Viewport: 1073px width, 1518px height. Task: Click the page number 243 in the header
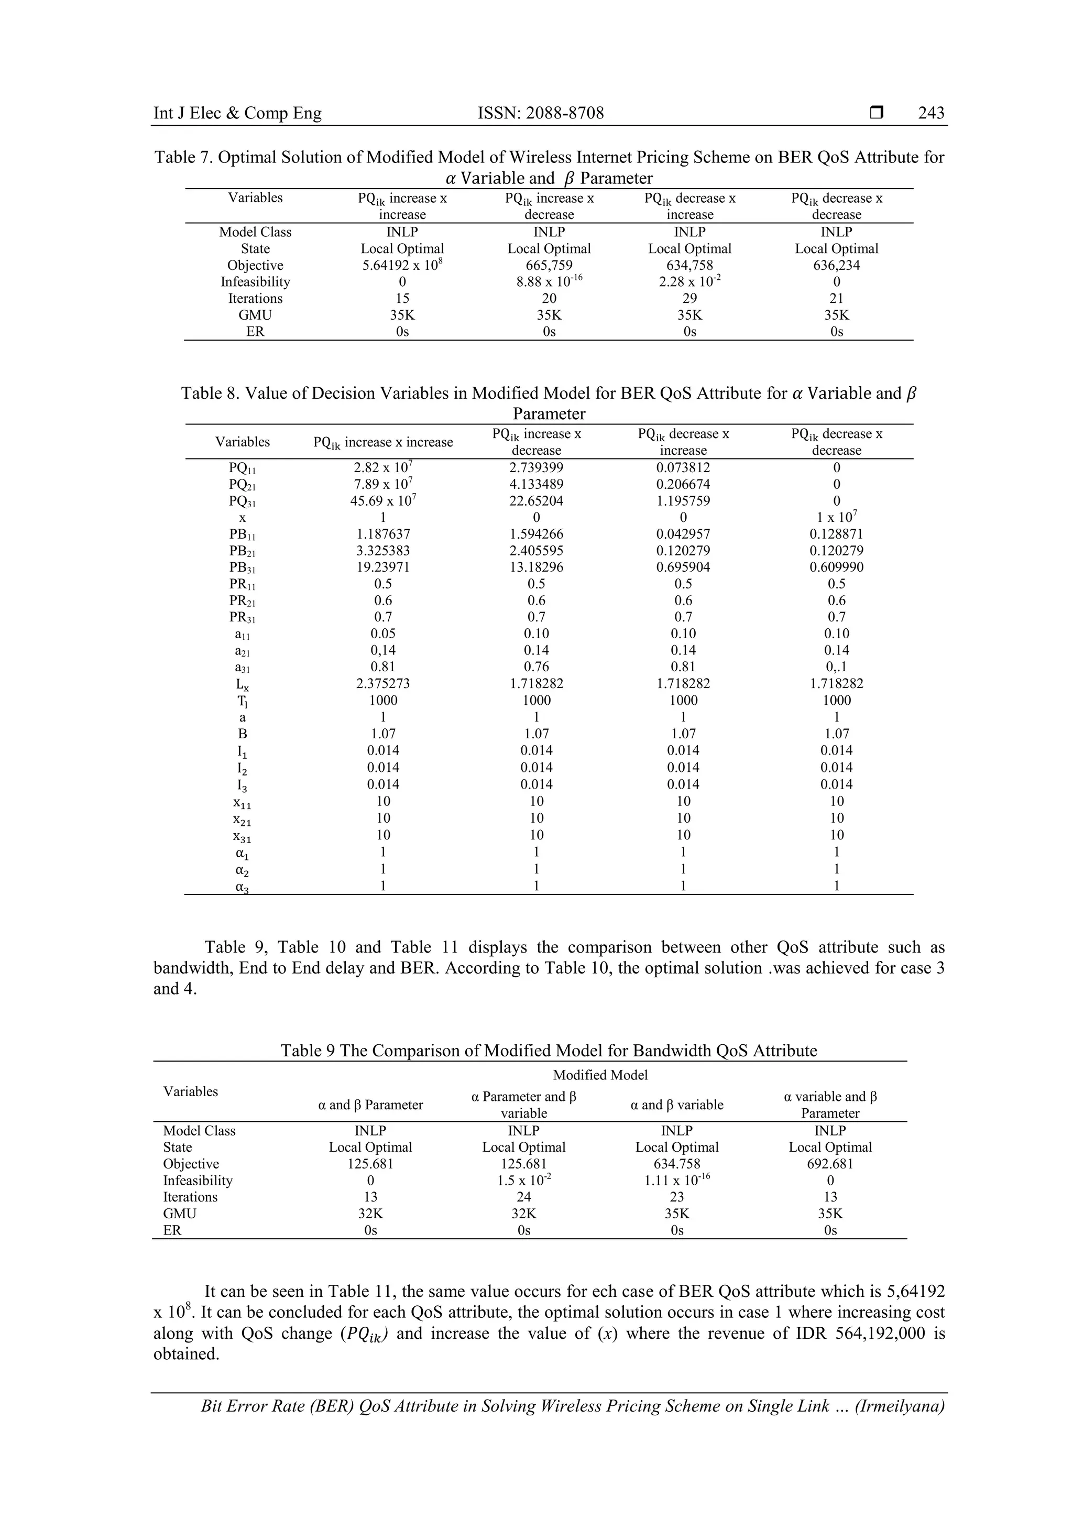931,113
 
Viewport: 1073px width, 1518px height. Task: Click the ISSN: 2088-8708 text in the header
540,113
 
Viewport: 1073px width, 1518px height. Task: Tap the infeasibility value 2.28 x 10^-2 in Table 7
689,282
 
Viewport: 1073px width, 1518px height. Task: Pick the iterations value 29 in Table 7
689,298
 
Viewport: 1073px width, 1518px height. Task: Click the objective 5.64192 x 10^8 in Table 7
402,265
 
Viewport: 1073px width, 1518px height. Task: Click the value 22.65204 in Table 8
536,500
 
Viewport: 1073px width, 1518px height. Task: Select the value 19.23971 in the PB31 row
383,567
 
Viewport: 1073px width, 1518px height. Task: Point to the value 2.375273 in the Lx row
383,684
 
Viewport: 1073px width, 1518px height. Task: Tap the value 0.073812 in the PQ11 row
683,467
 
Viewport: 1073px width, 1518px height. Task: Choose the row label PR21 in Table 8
243,601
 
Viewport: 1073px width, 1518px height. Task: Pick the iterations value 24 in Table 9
523,1197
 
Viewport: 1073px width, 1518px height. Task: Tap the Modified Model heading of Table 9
600,1075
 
